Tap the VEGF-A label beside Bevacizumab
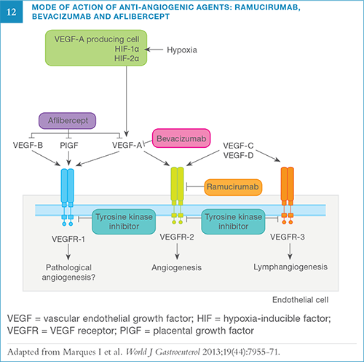(127, 144)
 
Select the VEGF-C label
(238, 144)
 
